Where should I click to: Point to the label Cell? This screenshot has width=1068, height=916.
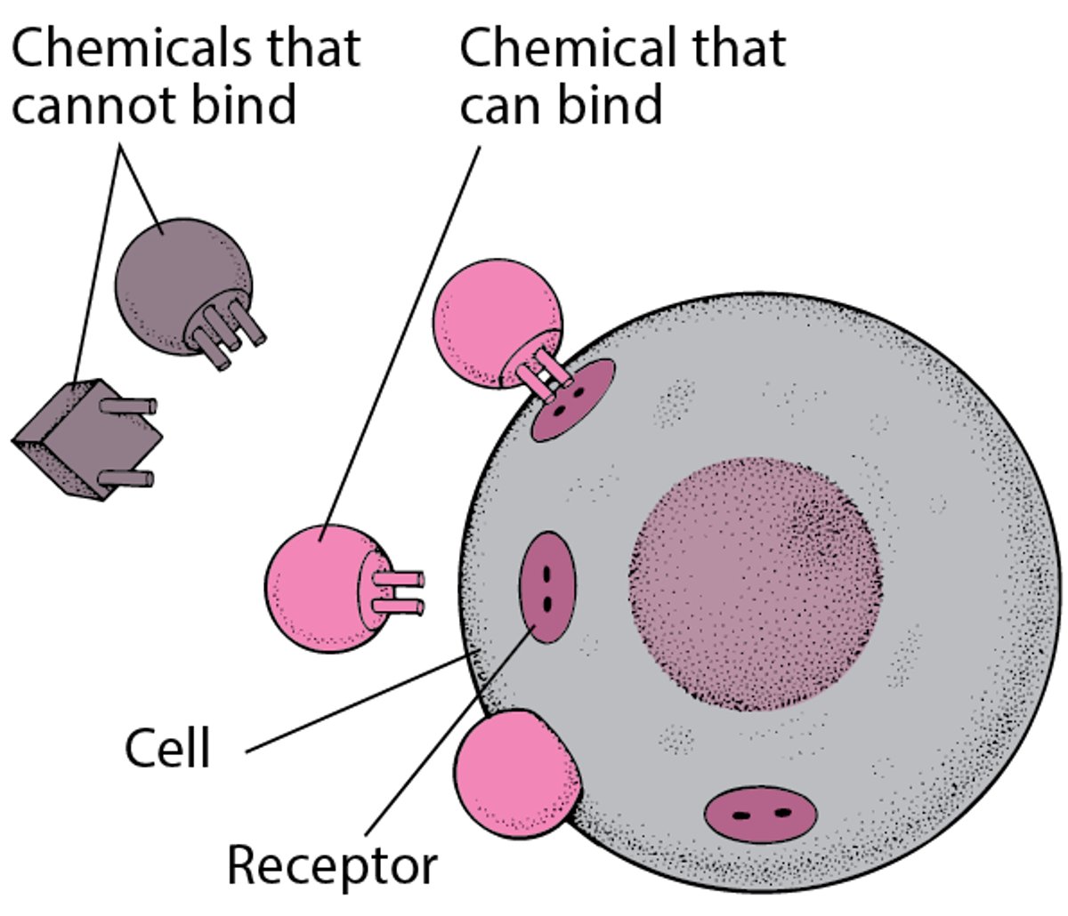pos(167,749)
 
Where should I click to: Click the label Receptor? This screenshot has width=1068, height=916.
pos(332,864)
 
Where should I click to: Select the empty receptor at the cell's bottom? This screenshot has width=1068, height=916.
pos(761,813)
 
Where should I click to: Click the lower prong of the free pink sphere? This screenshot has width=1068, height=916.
pos(400,607)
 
